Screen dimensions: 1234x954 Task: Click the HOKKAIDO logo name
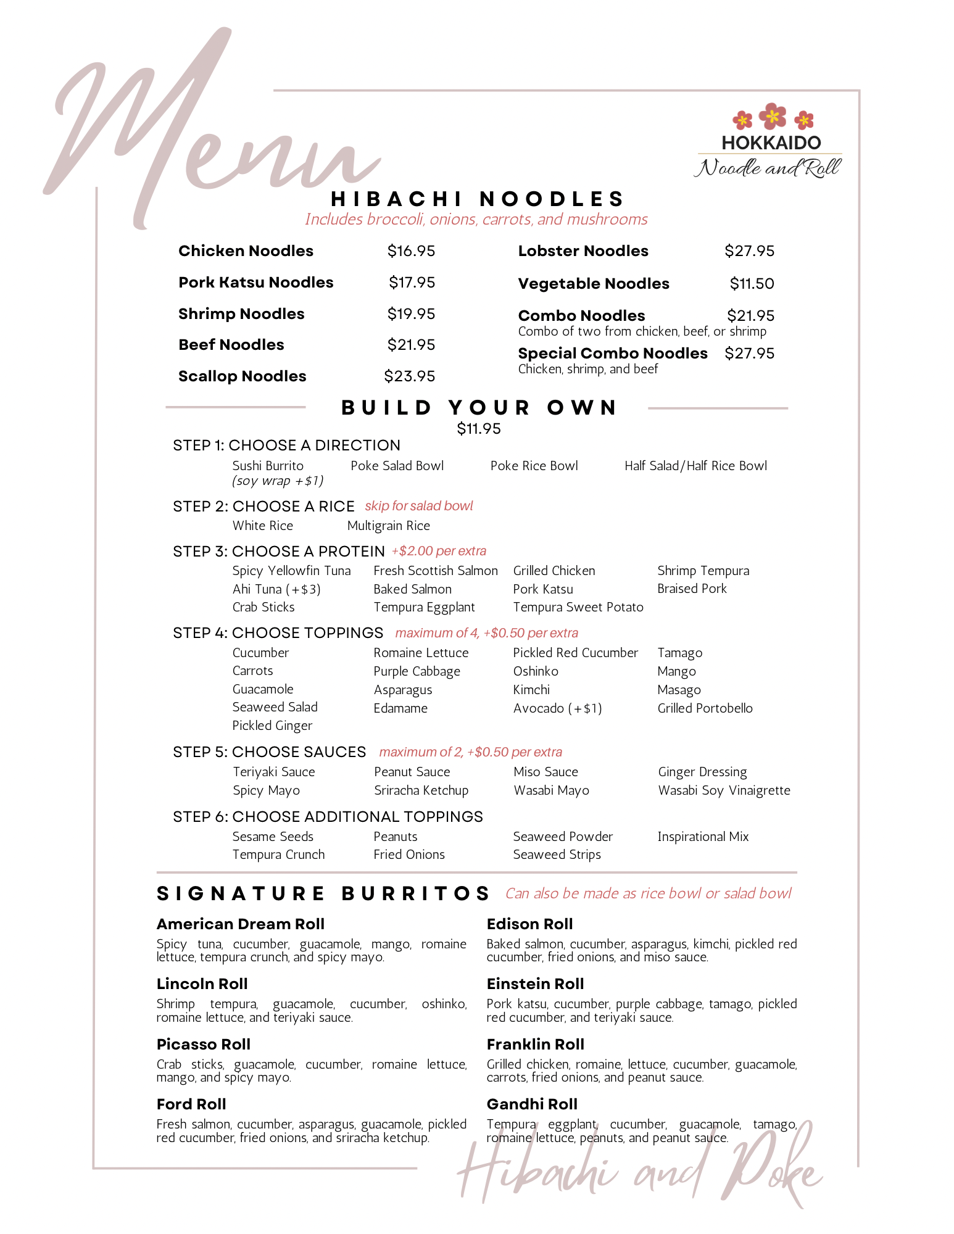click(771, 143)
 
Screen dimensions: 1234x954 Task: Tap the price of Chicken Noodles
click(411, 251)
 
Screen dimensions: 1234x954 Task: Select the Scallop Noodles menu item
click(242, 376)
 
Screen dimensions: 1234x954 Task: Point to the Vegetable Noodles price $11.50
click(752, 284)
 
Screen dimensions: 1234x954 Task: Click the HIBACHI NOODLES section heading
click(478, 199)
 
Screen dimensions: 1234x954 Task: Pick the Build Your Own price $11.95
click(479, 429)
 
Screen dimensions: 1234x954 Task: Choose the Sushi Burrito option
click(268, 466)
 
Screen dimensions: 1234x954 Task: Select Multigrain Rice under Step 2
click(389, 526)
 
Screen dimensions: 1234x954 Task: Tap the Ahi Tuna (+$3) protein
click(276, 589)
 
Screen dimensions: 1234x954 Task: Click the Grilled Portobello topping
click(705, 708)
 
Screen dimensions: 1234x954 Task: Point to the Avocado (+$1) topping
click(557, 708)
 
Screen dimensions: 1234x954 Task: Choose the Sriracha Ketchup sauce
click(421, 790)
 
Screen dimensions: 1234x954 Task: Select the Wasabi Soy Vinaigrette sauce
click(724, 790)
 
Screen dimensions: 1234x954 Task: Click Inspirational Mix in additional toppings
click(703, 837)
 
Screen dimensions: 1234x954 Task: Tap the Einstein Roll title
click(535, 984)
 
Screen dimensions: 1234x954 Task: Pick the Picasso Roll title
click(203, 1045)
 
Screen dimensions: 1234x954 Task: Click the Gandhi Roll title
click(532, 1104)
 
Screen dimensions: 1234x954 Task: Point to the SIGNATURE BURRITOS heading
click(323, 894)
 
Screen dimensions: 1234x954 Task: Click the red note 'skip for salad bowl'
click(418, 506)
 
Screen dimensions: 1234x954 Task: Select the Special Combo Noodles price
click(749, 354)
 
